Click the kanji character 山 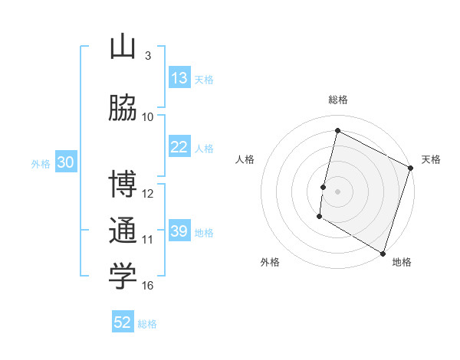(123, 47)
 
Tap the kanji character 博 (123, 185)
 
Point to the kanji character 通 (123, 231)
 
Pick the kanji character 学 (123, 277)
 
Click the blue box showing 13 (179, 78)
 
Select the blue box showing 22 (179, 147)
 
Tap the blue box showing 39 (179, 231)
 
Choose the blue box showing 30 (64, 162)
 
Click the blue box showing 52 (123, 322)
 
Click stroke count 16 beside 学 (148, 286)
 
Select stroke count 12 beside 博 (148, 193)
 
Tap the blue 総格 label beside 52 (147, 324)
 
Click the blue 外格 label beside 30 (41, 163)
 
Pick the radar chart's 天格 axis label (431, 159)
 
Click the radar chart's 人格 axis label (245, 159)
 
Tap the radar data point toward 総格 (337, 131)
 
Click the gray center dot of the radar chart (337, 191)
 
